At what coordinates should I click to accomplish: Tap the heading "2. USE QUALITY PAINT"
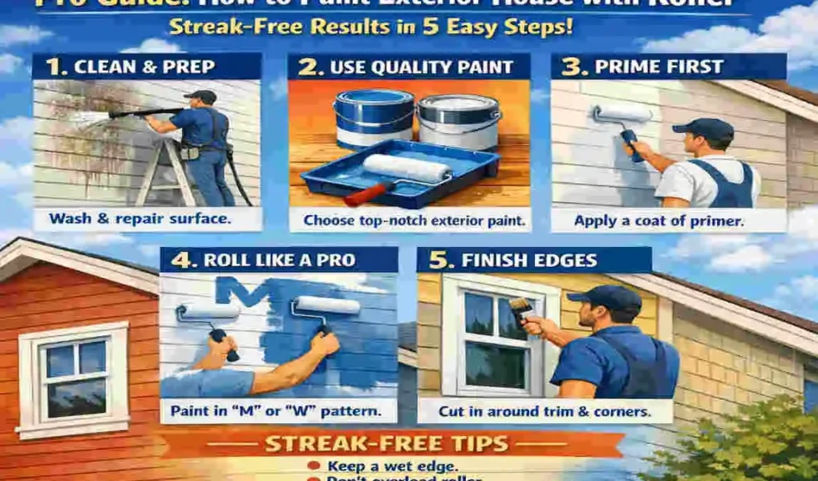(x=409, y=67)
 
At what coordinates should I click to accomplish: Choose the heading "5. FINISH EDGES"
(x=529, y=261)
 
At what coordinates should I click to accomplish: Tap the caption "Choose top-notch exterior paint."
(x=409, y=218)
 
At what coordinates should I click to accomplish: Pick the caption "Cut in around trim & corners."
(x=533, y=412)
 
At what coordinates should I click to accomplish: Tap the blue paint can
(x=374, y=119)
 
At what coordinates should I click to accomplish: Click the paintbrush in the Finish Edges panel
(x=522, y=309)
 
